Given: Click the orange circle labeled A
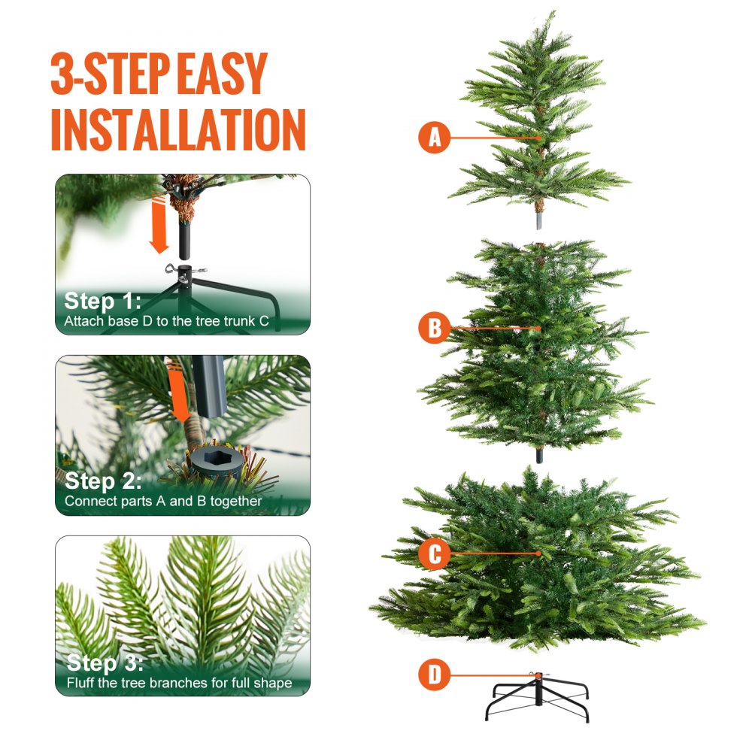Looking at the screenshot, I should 434,138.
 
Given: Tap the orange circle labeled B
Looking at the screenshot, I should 434,329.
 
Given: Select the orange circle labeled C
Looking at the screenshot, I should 434,554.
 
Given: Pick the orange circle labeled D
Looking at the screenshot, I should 434,675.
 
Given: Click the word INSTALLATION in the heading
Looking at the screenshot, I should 178,129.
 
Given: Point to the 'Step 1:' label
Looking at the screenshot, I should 102,302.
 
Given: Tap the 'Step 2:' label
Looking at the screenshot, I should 102,481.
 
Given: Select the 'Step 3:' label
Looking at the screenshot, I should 103,663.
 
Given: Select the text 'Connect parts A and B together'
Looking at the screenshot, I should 163,501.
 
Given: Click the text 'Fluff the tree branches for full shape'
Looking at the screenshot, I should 178,684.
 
